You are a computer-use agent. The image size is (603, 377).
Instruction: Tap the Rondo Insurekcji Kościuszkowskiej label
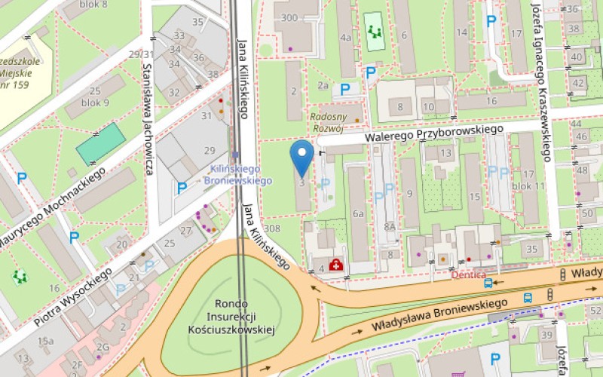click(x=231, y=316)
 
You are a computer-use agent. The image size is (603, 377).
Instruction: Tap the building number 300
click(x=288, y=17)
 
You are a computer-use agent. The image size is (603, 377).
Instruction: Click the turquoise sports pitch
click(x=100, y=143)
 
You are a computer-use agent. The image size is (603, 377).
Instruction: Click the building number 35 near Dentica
click(x=532, y=249)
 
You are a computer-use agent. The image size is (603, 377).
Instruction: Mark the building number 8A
click(x=389, y=225)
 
